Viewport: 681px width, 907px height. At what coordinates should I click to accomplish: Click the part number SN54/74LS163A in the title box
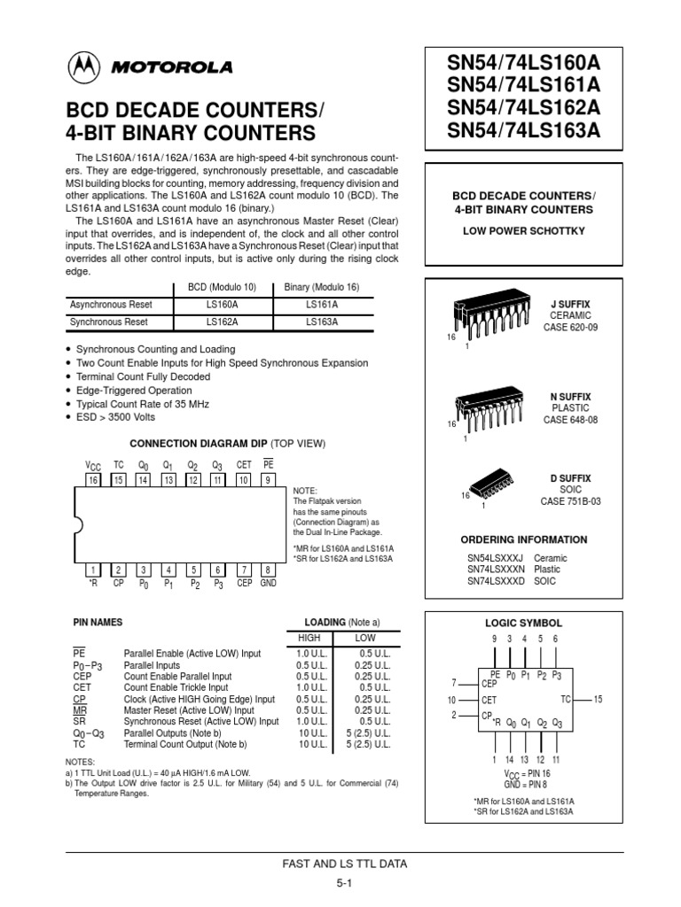[524, 130]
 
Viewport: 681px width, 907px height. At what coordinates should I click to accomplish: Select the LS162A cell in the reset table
[223, 322]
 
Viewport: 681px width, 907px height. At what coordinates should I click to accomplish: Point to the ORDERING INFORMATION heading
[523, 539]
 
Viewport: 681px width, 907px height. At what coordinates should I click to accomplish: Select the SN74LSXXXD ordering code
[497, 582]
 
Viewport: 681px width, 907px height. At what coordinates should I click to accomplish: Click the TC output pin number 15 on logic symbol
[597, 700]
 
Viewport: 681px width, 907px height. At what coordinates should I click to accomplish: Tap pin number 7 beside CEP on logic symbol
[454, 682]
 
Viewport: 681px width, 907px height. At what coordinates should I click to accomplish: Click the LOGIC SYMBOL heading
[523, 624]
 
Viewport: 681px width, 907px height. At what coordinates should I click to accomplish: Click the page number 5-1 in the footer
[344, 883]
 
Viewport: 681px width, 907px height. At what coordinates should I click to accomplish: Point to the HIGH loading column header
[309, 638]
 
